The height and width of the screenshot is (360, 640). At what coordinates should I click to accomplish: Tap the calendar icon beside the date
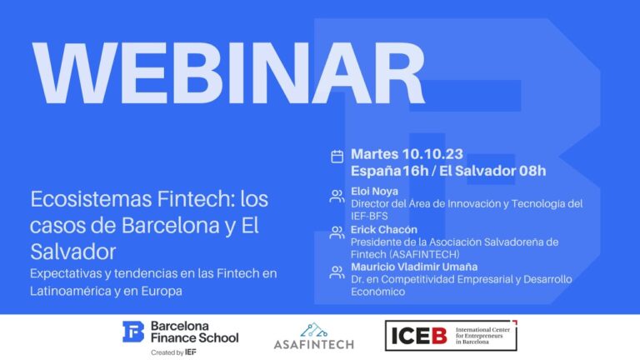tap(337, 156)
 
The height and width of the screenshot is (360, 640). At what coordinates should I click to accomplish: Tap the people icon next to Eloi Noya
tap(337, 197)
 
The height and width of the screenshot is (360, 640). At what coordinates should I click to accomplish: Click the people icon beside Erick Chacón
tap(337, 233)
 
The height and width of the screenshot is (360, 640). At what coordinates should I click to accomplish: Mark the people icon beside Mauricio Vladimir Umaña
tap(337, 271)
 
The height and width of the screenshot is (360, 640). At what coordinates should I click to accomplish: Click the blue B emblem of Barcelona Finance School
tap(133, 332)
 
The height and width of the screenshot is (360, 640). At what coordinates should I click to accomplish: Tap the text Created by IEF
tap(174, 352)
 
